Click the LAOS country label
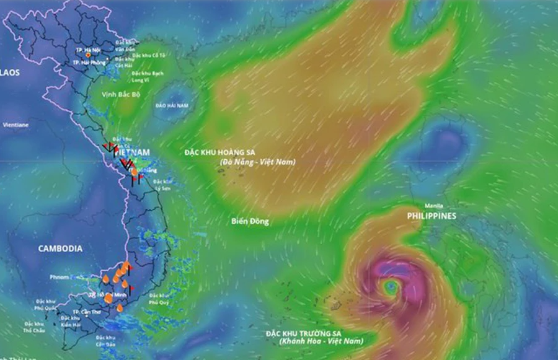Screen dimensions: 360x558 pyautogui.click(x=10, y=72)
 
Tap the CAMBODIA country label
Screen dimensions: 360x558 pyautogui.click(x=60, y=248)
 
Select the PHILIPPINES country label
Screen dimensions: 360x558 pyautogui.click(x=432, y=216)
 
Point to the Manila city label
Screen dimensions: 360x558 pyautogui.click(x=433, y=206)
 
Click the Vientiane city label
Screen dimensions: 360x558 pyautogui.click(x=15, y=125)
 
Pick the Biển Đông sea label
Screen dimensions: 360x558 pyautogui.click(x=250, y=221)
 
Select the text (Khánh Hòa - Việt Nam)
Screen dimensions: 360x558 pyautogui.click(x=321, y=341)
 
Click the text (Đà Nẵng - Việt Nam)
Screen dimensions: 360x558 pyautogui.click(x=257, y=162)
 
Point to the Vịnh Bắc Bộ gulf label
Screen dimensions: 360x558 pyautogui.click(x=118, y=95)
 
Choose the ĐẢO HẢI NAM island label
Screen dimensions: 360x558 pyautogui.click(x=172, y=106)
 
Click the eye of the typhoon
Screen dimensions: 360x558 pyautogui.click(x=391, y=286)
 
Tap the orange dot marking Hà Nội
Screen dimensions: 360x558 pyautogui.click(x=88, y=55)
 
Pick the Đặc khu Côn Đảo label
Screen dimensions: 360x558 pyautogui.click(x=107, y=340)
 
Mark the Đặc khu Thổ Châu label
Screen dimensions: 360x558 pyautogui.click(x=33, y=327)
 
